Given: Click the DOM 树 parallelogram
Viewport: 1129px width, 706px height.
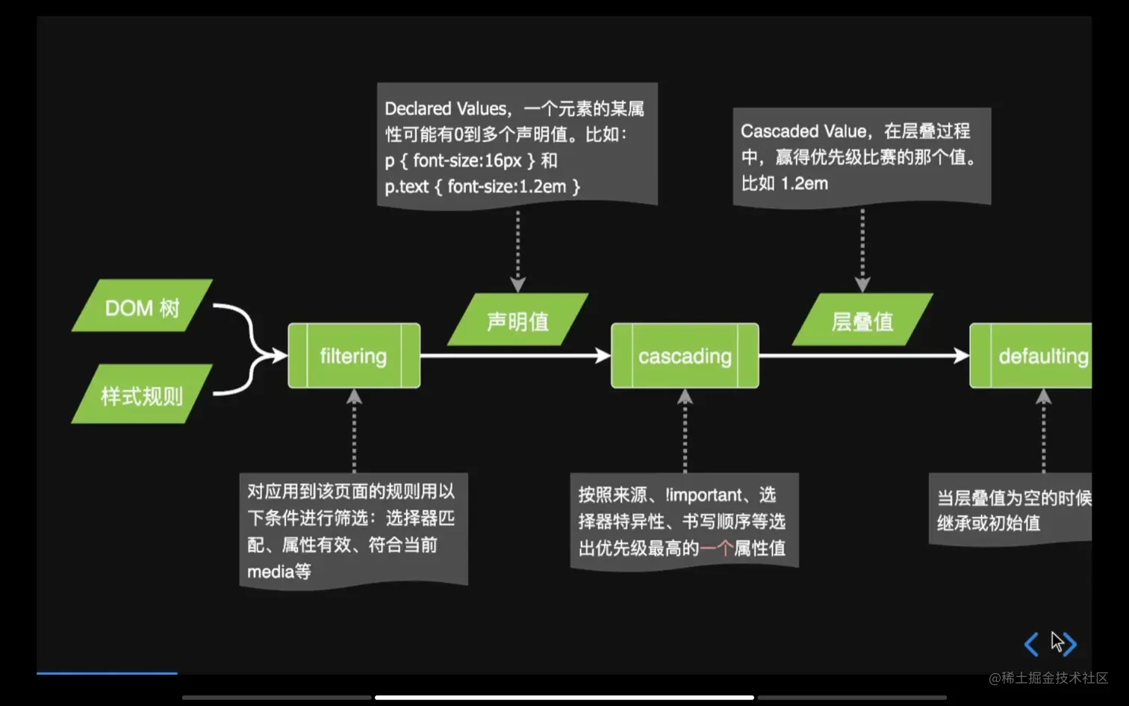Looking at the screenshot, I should [x=142, y=306].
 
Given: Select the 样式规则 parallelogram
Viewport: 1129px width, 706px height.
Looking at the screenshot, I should [x=142, y=394].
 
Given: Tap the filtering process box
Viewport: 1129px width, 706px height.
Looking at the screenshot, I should [x=354, y=356].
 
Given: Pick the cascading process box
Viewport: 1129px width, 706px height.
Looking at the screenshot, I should [x=685, y=356].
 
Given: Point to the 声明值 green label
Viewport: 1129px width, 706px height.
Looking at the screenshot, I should [x=517, y=321].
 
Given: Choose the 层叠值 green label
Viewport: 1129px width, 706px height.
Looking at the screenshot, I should [x=862, y=321].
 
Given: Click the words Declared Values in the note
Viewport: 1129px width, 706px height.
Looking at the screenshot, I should [x=446, y=109].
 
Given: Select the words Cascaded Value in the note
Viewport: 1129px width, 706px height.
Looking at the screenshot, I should [x=803, y=131].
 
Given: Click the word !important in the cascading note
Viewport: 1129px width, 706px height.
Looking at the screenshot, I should [x=703, y=495].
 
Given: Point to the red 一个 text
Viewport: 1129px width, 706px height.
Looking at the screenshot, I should [x=716, y=548].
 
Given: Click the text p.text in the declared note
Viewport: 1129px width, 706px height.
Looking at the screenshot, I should [x=407, y=187].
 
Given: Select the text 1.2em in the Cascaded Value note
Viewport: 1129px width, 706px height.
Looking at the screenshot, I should [x=804, y=184].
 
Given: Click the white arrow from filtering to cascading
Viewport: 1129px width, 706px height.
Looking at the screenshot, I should [x=515, y=356].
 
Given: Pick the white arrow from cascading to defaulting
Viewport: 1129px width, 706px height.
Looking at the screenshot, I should [x=863, y=356].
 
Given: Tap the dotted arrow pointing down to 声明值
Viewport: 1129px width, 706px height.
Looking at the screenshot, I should [x=517, y=250].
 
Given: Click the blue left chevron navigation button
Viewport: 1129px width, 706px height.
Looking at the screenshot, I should [x=1031, y=644].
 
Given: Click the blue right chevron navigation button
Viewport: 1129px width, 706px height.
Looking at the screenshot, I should [x=1069, y=644].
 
